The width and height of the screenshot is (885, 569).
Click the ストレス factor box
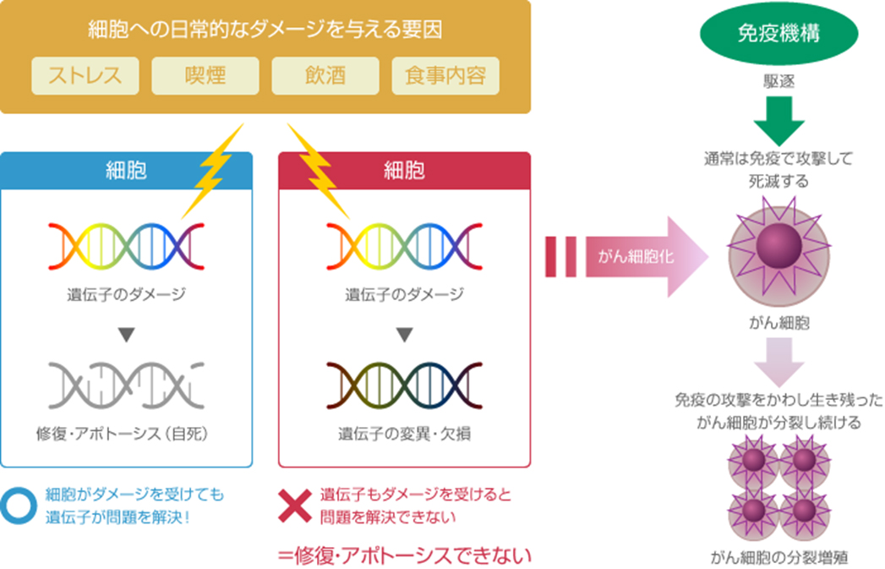coord(85,75)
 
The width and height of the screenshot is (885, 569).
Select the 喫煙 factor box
coord(205,75)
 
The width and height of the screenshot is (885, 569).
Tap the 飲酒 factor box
coord(325,75)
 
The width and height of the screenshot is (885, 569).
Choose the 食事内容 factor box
coord(445,75)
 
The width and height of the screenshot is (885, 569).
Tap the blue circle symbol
coord(19,504)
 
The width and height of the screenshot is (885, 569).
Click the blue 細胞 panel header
coord(127,169)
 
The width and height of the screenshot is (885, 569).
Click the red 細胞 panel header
coord(404,169)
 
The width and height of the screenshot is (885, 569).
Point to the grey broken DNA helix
coord(126,383)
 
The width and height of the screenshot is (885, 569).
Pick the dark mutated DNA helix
coord(404,383)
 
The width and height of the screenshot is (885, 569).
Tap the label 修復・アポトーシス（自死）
coord(126,435)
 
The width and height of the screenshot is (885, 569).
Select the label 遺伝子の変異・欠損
coord(404,435)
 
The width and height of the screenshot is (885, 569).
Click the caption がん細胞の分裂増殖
coord(778,557)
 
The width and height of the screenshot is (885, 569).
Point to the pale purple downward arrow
coord(778,360)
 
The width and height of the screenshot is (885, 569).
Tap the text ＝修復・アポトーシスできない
coord(404,555)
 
